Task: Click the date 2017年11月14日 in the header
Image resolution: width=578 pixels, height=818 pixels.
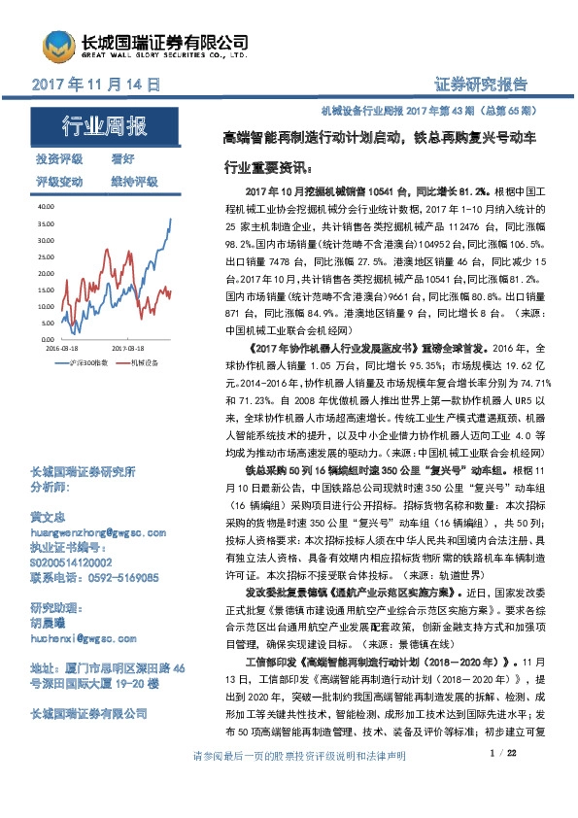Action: [97, 85]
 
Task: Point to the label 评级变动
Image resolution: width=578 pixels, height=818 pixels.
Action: [59, 182]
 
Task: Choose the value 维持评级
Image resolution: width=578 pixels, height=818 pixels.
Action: [134, 182]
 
